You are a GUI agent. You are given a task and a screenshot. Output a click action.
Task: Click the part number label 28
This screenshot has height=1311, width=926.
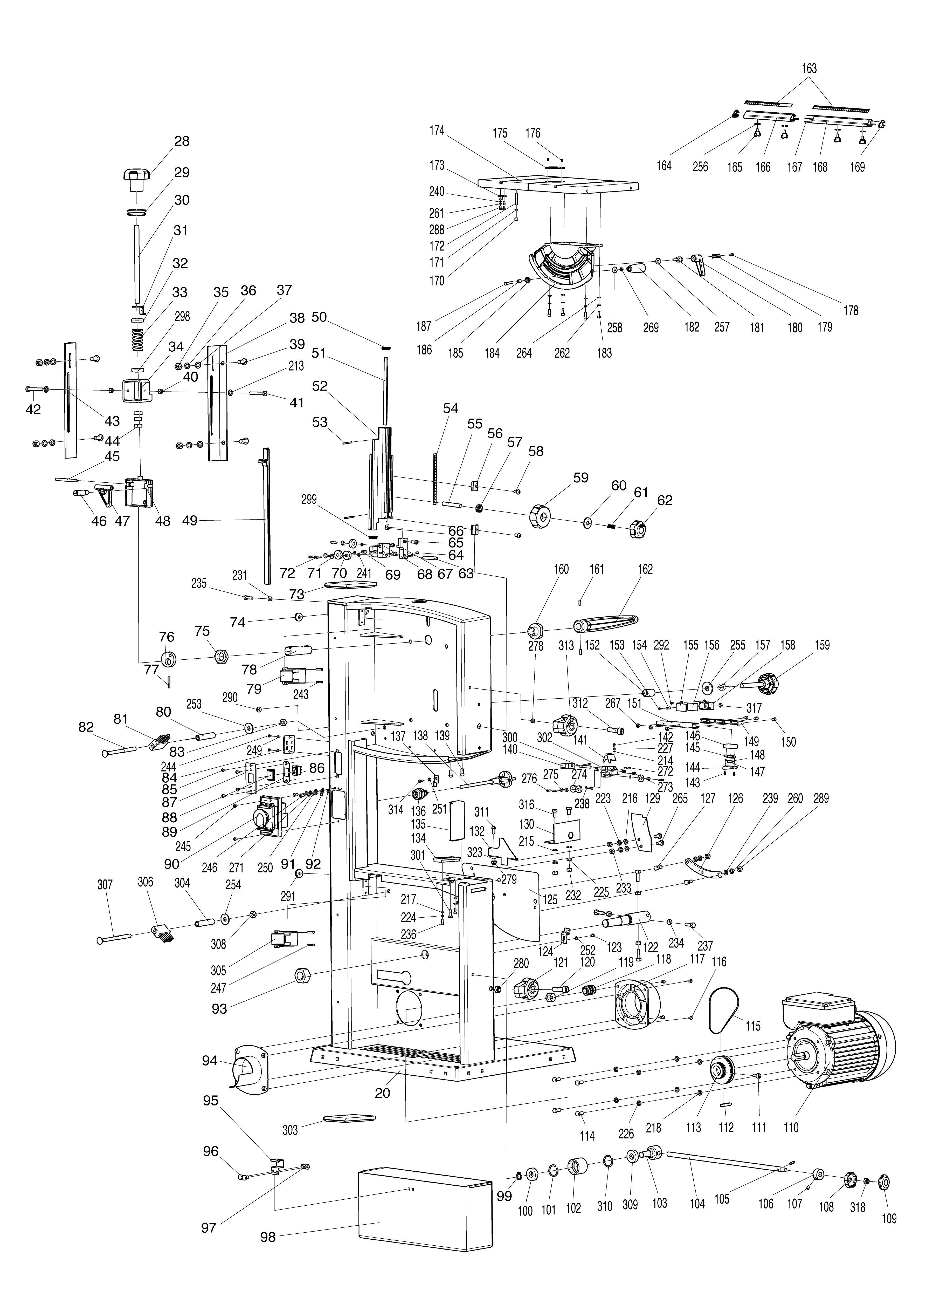coord(182,141)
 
